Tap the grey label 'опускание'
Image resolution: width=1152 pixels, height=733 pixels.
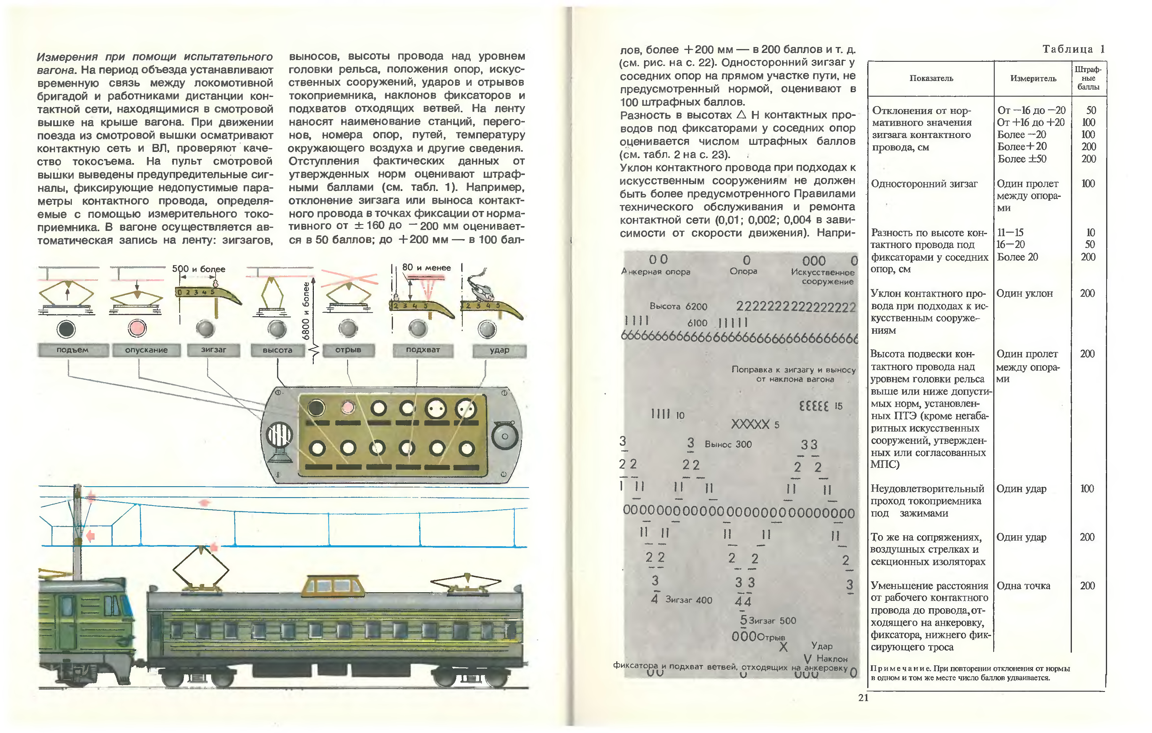(146, 350)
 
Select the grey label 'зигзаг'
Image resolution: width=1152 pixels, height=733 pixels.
(213, 350)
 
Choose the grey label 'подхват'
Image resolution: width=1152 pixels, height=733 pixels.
(423, 350)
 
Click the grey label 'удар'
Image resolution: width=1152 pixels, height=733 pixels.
(499, 351)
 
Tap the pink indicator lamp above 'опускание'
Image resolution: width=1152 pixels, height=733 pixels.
(137, 328)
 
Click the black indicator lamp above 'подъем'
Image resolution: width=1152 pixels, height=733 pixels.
(66, 328)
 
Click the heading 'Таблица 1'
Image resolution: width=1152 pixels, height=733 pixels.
(1073, 49)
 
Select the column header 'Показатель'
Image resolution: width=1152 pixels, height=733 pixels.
(931, 78)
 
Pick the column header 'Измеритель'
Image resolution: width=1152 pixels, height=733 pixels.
(1033, 78)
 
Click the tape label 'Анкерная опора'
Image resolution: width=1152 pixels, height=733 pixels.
(656, 272)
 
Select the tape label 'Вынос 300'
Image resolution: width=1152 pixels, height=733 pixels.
(728, 444)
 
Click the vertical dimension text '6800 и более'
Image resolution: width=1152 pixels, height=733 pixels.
(306, 311)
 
